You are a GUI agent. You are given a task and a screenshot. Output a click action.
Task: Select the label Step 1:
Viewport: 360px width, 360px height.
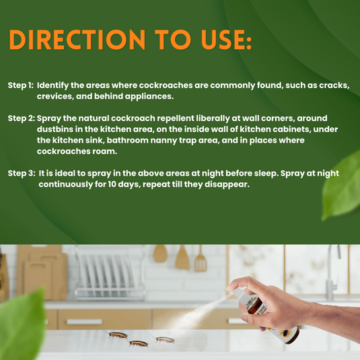tap(21, 86)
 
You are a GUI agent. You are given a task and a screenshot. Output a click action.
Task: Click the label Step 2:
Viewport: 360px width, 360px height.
tap(21, 118)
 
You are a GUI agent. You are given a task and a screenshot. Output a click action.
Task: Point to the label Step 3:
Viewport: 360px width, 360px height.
tap(21, 174)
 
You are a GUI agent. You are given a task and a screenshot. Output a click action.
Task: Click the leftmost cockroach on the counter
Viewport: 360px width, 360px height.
tap(118, 334)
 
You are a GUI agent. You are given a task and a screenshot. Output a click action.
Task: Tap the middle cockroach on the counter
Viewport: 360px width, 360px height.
tap(139, 343)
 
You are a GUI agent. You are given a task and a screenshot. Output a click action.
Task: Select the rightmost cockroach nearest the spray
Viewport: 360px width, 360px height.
tap(164, 339)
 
